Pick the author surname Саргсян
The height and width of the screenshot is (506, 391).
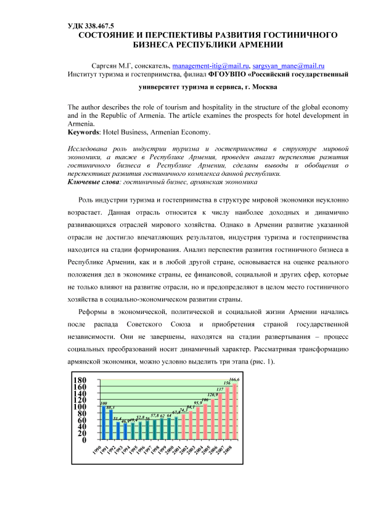(x=105, y=65)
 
